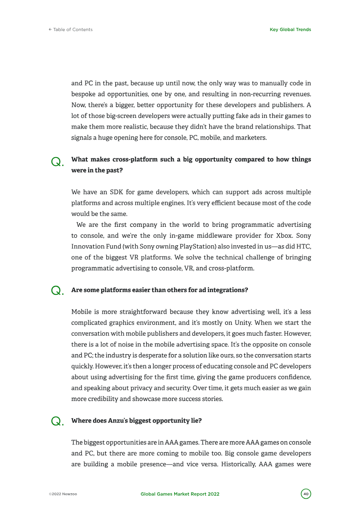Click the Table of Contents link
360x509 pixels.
point(71,30)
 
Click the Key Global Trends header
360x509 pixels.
point(290,30)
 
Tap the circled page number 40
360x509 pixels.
point(306,494)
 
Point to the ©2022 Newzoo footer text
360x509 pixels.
point(63,494)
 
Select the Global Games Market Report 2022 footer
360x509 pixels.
point(180,494)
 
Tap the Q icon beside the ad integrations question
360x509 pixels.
point(57,291)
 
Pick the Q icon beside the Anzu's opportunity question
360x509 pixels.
point(57,421)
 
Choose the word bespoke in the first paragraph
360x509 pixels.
point(82,95)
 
